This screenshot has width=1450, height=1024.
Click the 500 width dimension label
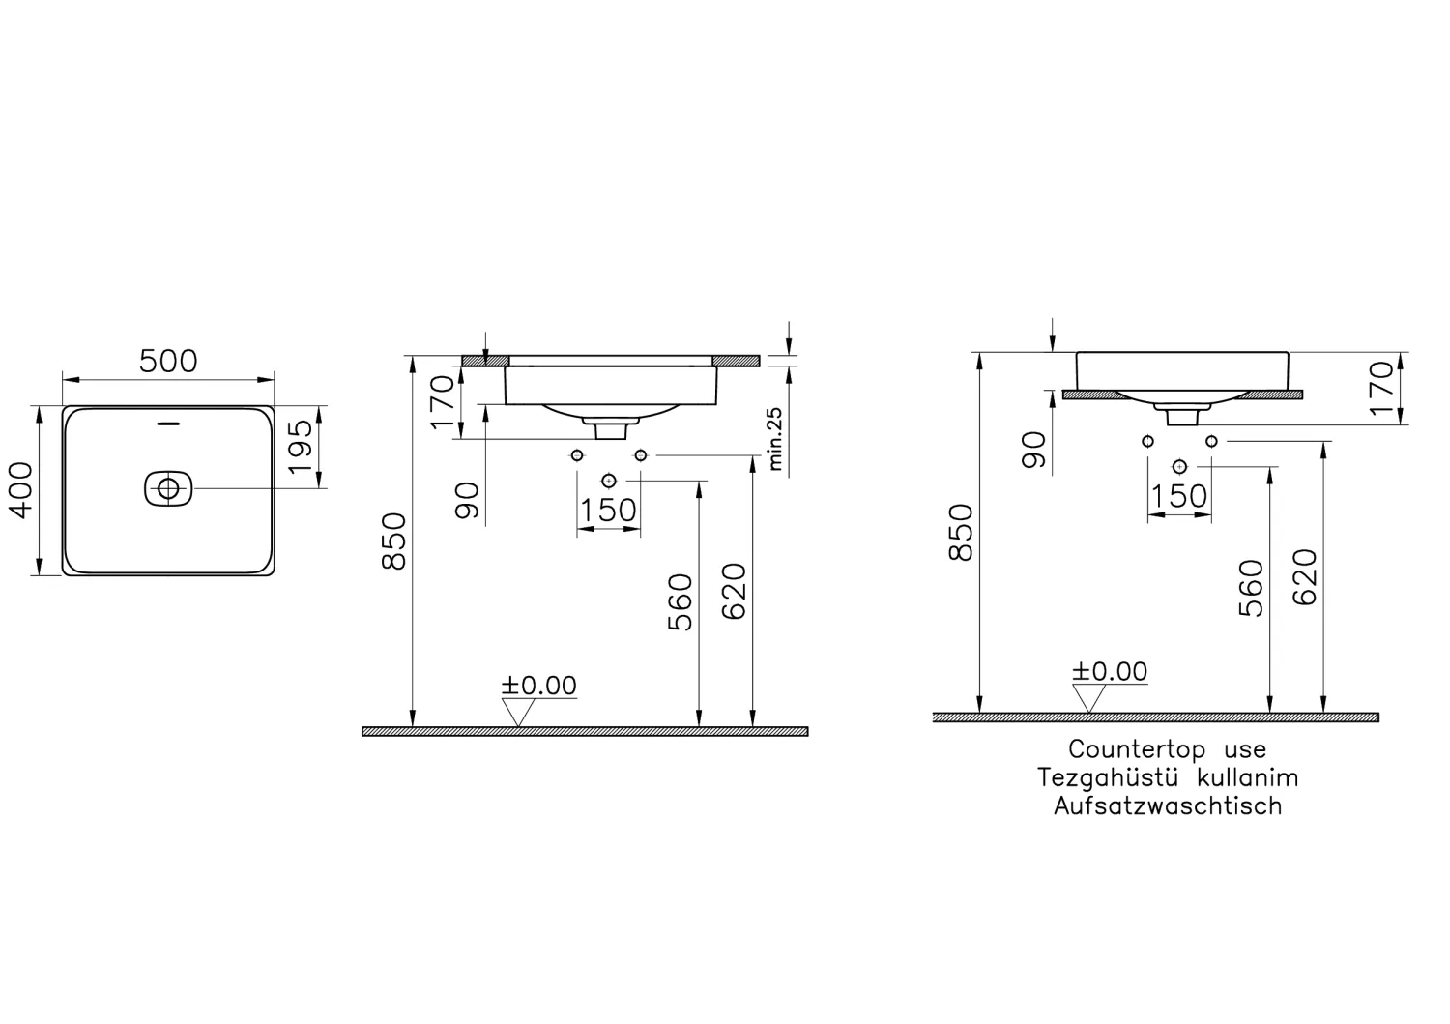pyautogui.click(x=168, y=361)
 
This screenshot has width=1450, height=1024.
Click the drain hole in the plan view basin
pyautogui.click(x=169, y=488)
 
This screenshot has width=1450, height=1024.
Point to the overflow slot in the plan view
pyautogui.click(x=169, y=423)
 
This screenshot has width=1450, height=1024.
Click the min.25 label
pyautogui.click(x=775, y=438)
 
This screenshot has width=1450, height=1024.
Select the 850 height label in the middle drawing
pyautogui.click(x=394, y=541)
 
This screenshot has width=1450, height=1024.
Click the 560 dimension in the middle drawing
pyautogui.click(x=681, y=601)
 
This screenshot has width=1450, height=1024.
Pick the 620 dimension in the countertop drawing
pyautogui.click(x=1305, y=577)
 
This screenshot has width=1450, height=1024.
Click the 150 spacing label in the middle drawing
pyautogui.click(x=609, y=510)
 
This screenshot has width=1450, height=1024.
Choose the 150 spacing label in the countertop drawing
pyautogui.click(x=1178, y=496)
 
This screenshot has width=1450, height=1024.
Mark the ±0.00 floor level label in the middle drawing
pyautogui.click(x=538, y=686)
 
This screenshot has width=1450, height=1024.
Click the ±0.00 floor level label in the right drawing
pyautogui.click(x=1109, y=672)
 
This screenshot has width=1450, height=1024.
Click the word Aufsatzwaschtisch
pyautogui.click(x=1167, y=805)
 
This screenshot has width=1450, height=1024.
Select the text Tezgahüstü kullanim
pyautogui.click(x=1167, y=777)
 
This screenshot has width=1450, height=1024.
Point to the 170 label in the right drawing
pyautogui.click(x=1382, y=388)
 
